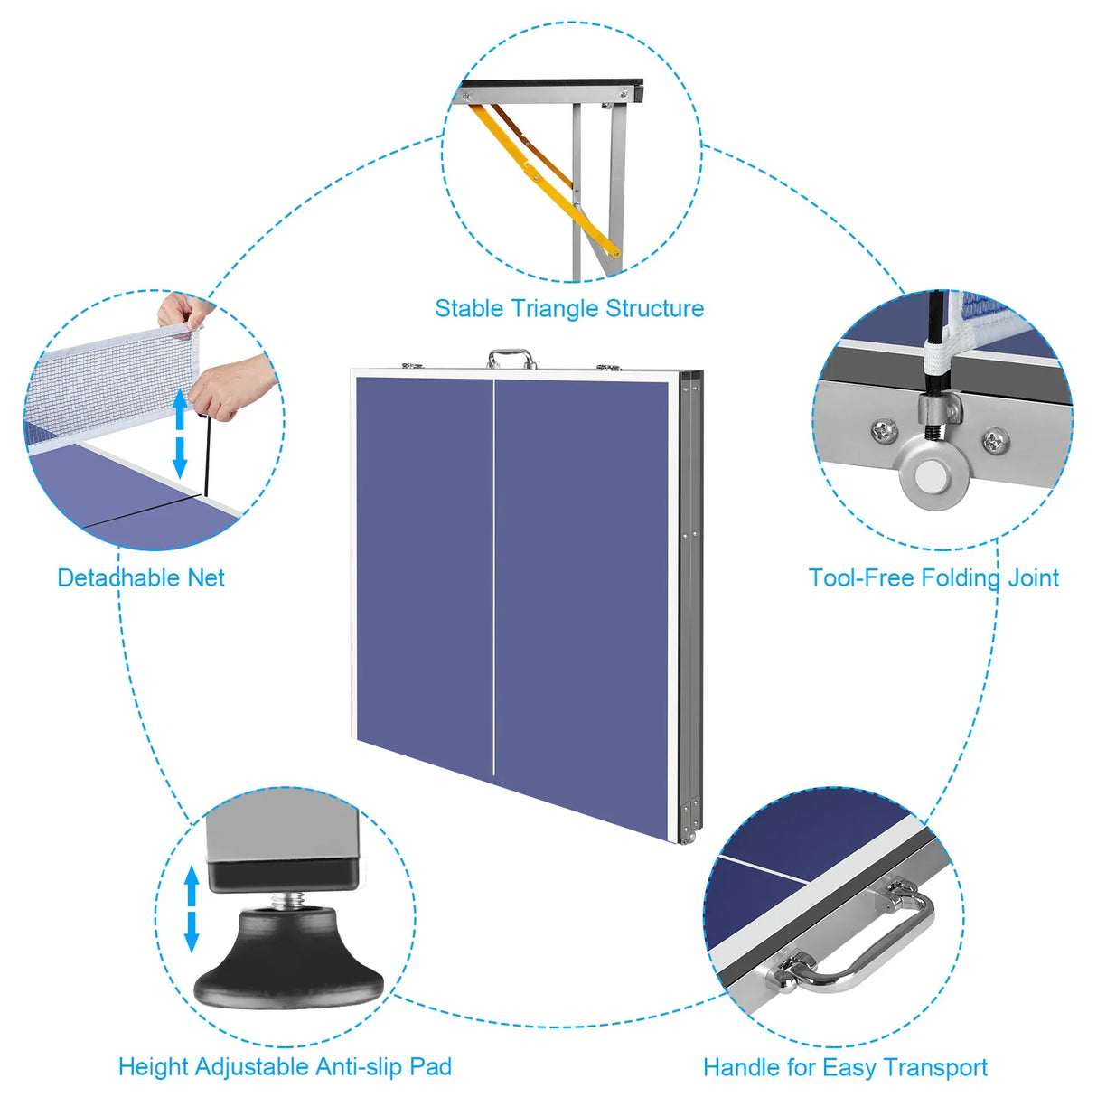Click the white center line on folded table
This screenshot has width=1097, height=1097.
[493, 578]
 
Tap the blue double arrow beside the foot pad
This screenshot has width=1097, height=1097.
[192, 908]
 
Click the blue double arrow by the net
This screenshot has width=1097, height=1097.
[180, 434]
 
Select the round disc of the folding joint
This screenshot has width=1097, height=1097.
[931, 473]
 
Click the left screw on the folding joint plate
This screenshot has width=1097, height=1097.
[883, 431]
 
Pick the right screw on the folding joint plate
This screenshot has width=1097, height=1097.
[994, 441]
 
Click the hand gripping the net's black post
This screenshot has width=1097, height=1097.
[230, 384]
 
